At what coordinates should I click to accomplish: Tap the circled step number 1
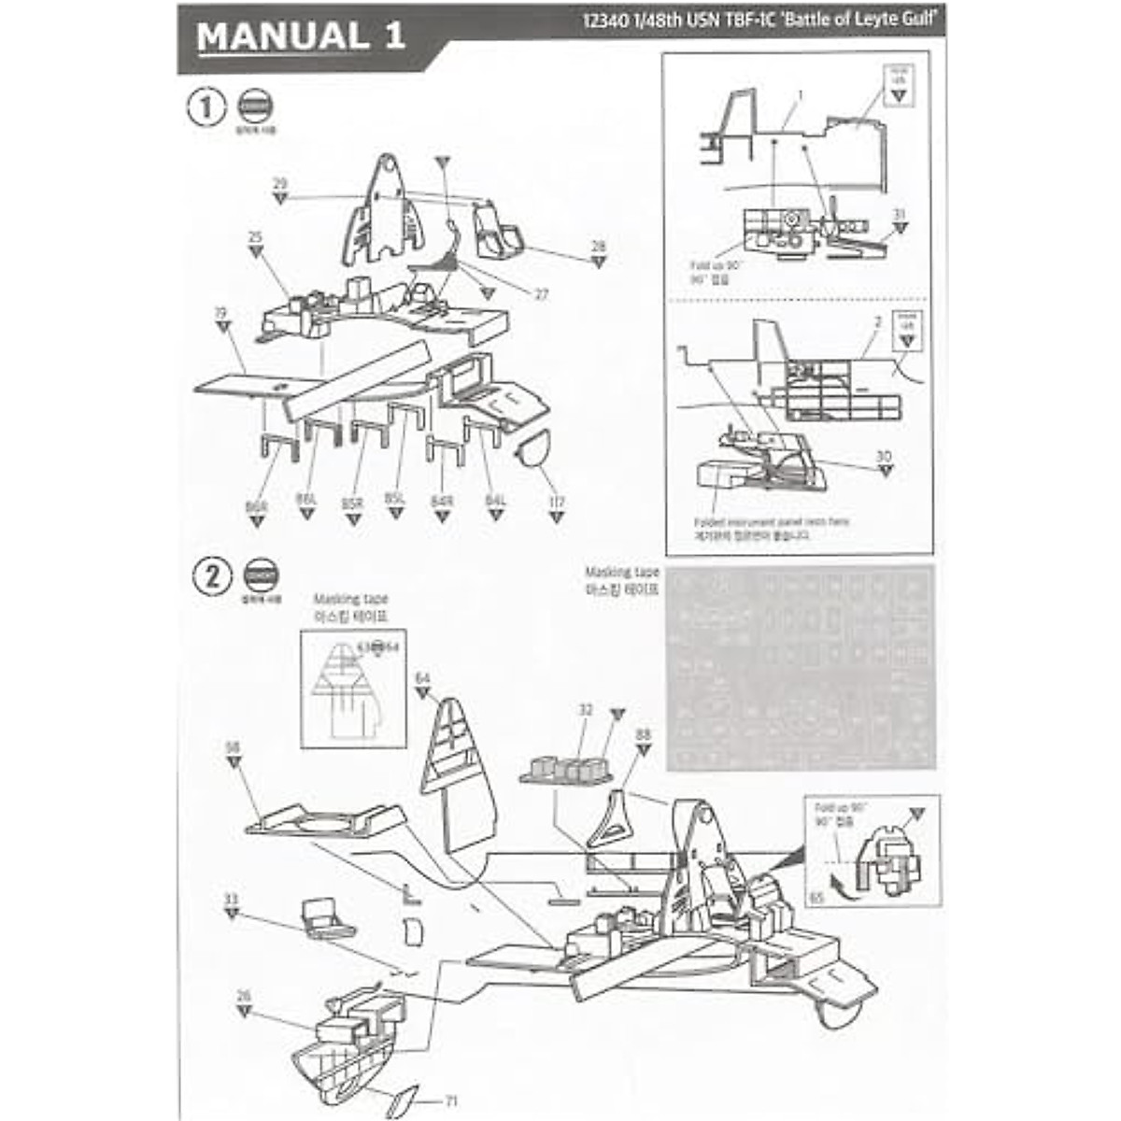(207, 107)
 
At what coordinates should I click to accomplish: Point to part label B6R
(256, 505)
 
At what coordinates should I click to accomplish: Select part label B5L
(395, 500)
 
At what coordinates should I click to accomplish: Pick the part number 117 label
(557, 503)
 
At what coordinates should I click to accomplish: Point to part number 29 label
(280, 184)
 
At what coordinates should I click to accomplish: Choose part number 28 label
(598, 247)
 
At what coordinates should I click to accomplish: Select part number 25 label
(255, 237)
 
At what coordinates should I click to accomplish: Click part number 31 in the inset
(899, 215)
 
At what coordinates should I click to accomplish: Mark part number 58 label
(234, 747)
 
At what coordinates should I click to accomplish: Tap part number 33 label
(231, 900)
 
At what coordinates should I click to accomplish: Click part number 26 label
(244, 997)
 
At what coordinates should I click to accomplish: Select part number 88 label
(642, 735)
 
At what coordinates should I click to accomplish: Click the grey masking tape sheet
(800, 667)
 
